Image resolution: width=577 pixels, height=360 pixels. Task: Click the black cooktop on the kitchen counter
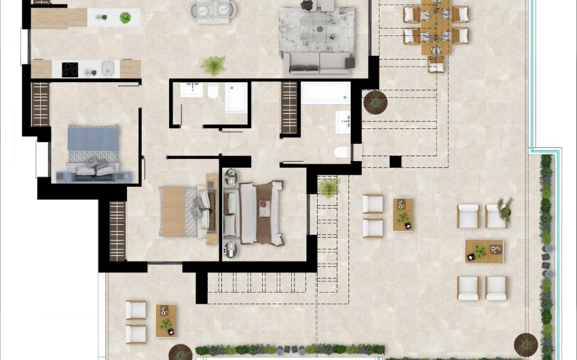[70, 69]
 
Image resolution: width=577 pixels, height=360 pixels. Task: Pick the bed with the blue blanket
[93, 151]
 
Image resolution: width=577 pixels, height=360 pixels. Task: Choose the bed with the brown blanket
[261, 213]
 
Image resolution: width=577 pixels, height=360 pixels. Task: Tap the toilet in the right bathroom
[341, 151]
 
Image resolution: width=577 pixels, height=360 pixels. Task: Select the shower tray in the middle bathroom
[236, 97]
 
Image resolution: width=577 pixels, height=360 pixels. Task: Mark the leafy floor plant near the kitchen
[213, 66]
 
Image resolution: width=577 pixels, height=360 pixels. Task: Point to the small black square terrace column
[395, 162]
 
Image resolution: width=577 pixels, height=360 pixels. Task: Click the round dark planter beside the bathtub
[375, 102]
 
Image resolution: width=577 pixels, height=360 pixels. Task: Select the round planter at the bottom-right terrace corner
[525, 344]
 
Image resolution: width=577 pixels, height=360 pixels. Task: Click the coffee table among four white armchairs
[484, 251]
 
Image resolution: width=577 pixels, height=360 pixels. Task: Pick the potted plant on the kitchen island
[125, 18]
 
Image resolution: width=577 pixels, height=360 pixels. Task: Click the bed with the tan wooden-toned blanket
[179, 211]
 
